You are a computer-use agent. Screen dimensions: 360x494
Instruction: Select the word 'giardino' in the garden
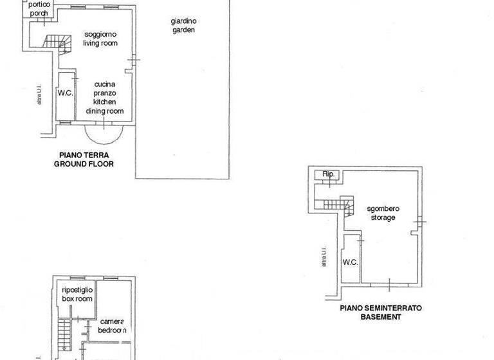[x=183, y=21]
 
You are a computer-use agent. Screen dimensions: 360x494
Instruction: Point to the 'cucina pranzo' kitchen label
[x=104, y=88]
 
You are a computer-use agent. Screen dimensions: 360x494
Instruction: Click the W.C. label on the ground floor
[x=65, y=93]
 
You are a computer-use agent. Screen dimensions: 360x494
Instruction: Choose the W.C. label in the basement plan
[x=350, y=262]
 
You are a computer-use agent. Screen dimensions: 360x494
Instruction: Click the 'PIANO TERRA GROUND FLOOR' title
[x=84, y=159]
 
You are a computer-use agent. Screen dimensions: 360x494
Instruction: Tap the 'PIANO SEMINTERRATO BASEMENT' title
[x=381, y=312]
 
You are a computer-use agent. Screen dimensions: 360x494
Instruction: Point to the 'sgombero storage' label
[x=381, y=213]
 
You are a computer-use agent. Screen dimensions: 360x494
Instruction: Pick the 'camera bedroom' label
[x=112, y=325]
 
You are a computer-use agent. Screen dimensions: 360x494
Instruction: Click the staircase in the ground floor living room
[x=56, y=42]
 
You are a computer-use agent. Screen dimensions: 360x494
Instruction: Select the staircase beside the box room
[x=64, y=334]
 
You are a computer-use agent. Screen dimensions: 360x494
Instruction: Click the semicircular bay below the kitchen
[x=104, y=134]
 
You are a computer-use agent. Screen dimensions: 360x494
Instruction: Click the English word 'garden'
[x=183, y=30]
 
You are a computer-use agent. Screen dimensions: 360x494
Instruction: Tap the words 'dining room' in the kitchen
[x=105, y=111]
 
